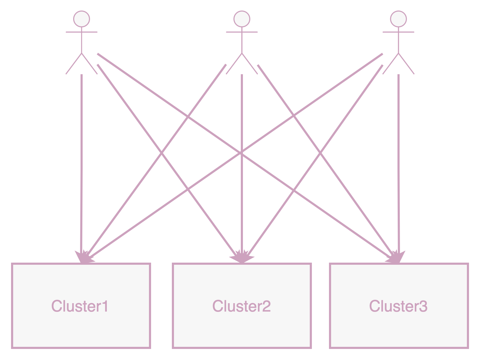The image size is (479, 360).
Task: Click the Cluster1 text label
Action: pyautogui.click(x=80, y=306)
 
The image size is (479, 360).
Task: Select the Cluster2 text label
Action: pyautogui.click(x=241, y=306)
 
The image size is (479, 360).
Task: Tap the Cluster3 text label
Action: pyautogui.click(x=398, y=306)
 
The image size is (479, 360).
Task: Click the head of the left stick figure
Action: pyautogui.click(x=82, y=19)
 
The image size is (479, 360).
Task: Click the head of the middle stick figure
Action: pyautogui.click(x=242, y=19)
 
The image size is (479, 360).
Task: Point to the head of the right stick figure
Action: pyautogui.click(x=398, y=19)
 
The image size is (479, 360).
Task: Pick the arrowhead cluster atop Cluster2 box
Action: pyautogui.click(x=242, y=257)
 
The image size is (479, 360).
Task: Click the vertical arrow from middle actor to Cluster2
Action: pyautogui.click(x=242, y=111)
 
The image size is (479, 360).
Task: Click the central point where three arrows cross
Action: pyautogui.click(x=241, y=153)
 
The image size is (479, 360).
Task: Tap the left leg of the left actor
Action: pyautogui.click(x=74, y=64)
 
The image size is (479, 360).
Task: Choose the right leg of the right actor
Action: pyautogui.click(x=406, y=64)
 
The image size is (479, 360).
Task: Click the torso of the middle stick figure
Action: pyautogui.click(x=242, y=42)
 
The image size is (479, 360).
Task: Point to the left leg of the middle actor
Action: pyautogui.click(x=234, y=64)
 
